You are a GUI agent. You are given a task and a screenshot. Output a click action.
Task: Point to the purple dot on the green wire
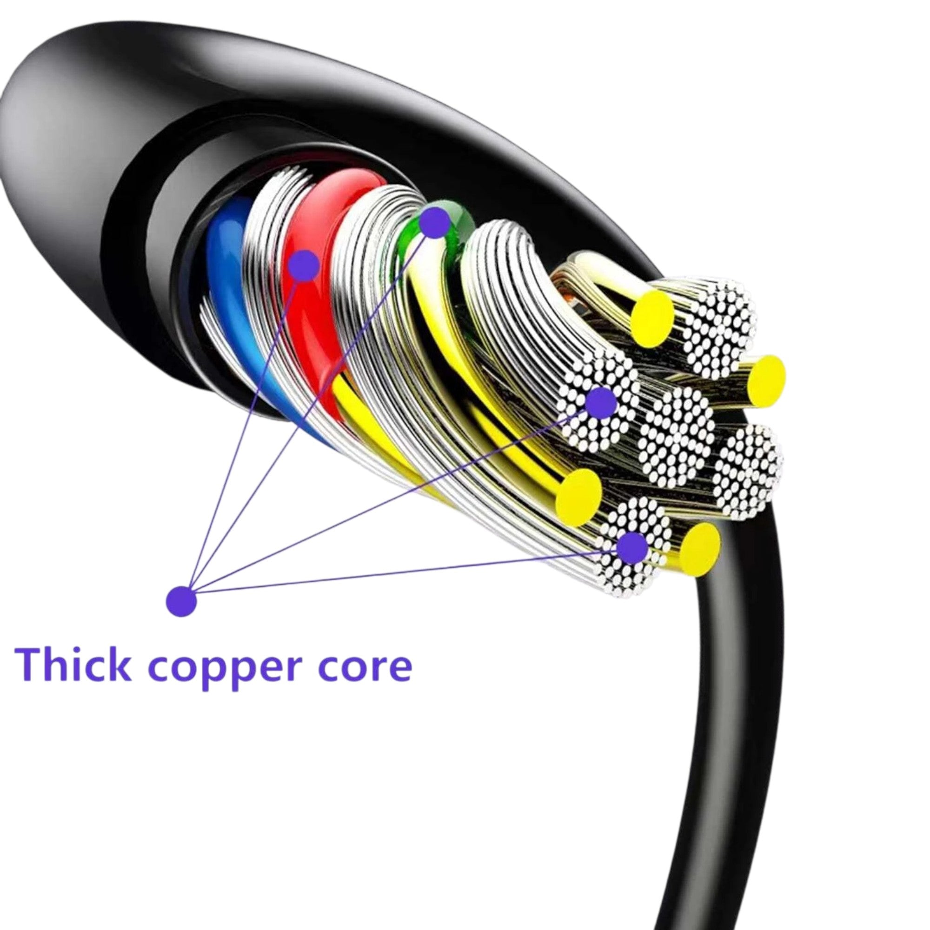(x=435, y=222)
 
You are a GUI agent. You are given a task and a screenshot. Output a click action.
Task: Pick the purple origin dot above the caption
(x=181, y=601)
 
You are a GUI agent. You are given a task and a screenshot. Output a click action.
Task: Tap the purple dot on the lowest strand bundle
(x=631, y=548)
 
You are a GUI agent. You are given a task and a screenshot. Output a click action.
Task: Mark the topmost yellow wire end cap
(x=653, y=319)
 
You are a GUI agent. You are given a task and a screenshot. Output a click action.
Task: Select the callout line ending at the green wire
(x=308, y=409)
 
